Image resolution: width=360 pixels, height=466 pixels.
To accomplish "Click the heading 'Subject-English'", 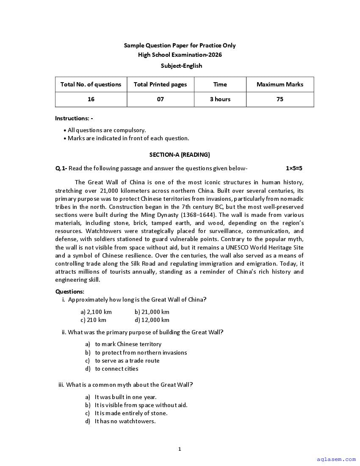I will pos(181,66).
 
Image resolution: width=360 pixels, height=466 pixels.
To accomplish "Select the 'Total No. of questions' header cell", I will pos(91,84).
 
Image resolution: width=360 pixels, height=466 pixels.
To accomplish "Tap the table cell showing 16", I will pos(91,99).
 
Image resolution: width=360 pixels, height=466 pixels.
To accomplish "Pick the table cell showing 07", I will pos(160,99).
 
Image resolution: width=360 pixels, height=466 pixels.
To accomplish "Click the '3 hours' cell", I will pos(220,99).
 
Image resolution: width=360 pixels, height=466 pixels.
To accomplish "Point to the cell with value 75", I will pos(280,99).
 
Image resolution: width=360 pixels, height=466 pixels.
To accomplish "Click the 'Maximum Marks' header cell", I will pos(280,84).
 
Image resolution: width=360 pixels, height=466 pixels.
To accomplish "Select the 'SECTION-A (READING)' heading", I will pos(180,155).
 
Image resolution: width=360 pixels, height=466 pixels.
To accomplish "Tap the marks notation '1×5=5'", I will pos(294,168).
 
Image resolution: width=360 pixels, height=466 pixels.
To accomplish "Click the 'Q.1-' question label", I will pos(61,168).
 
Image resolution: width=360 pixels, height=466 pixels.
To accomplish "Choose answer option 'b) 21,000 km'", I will pos(152,312).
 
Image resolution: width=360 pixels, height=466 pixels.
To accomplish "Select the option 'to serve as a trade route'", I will pos(127,361).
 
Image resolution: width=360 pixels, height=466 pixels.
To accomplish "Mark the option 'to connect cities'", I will pos(116,369).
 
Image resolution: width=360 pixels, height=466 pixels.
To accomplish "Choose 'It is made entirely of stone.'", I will pos(131,413).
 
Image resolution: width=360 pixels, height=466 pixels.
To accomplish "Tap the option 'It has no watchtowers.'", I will pos(125,421).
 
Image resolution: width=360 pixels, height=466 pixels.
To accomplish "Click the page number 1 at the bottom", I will pos(180,449).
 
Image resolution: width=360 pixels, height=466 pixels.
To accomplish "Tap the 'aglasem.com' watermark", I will pos(336,459).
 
